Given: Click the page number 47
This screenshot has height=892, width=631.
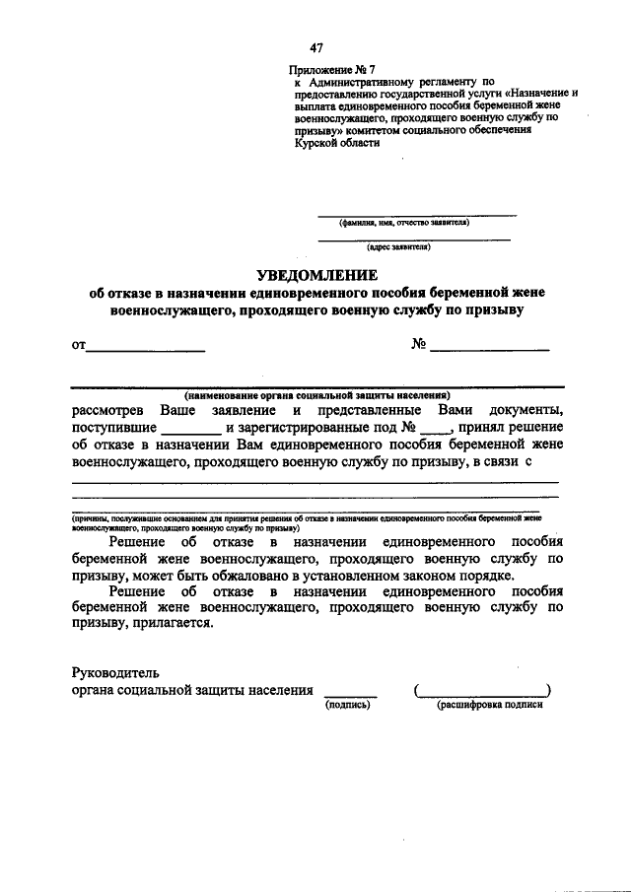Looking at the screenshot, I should click(x=315, y=48).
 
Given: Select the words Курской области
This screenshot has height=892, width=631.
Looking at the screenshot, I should click(x=333, y=142).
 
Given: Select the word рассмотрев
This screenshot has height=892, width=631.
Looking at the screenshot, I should click(x=108, y=409).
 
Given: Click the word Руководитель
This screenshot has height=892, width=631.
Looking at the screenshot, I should click(x=114, y=672).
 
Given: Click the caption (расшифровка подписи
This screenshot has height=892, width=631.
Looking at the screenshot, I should click(x=489, y=706).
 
